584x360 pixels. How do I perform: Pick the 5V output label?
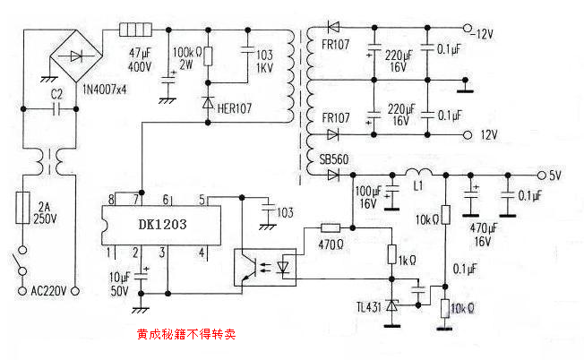(x=554, y=175)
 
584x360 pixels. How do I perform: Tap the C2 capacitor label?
(x=56, y=93)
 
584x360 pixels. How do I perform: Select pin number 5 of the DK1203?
(x=202, y=198)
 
